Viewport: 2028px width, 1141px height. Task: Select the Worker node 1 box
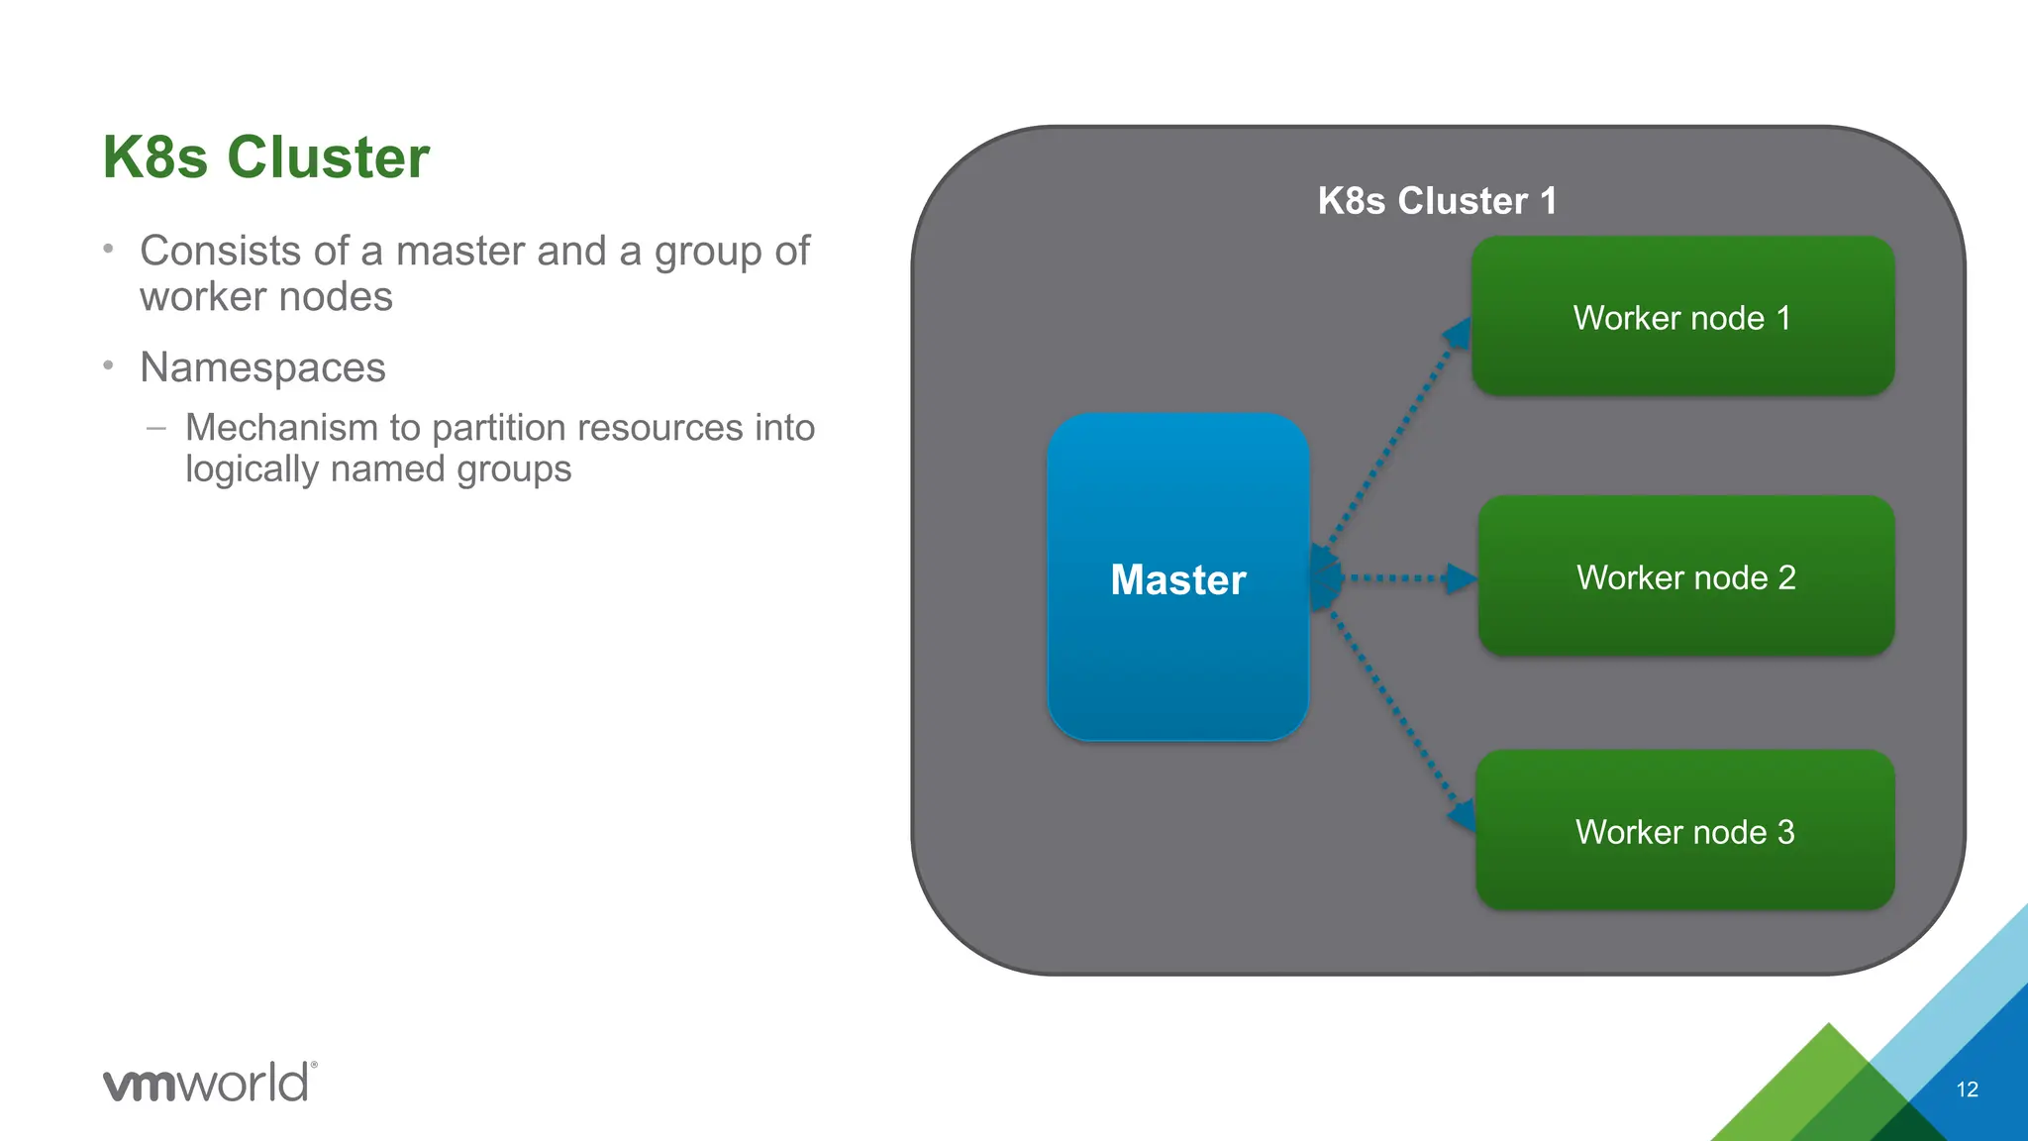[1682, 317]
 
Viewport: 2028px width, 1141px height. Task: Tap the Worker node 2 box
[1685, 576]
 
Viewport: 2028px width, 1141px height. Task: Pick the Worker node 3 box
[1684, 831]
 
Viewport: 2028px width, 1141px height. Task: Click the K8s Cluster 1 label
[1437, 201]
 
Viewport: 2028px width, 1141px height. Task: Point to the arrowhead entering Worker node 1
[1458, 334]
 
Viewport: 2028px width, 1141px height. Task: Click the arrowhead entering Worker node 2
[1461, 578]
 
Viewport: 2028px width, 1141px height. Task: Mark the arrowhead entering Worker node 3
[1462, 816]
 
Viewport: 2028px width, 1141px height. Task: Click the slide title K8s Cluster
[266, 157]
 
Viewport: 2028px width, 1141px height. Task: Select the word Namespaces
[262, 367]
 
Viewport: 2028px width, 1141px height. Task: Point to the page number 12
[1967, 1089]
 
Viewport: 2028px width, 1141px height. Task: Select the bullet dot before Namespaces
[109, 365]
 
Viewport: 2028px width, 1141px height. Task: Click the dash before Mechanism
[155, 429]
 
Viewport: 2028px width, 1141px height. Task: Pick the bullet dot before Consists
[109, 249]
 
